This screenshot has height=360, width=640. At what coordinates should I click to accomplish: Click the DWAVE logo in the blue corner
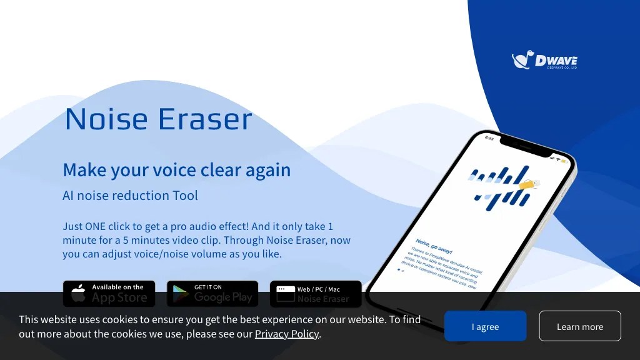point(544,60)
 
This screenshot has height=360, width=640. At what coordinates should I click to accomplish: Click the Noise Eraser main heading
point(158,119)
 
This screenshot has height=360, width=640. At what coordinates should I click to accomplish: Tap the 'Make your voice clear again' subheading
point(176,170)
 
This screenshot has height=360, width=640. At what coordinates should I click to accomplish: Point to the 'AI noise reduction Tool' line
point(130,196)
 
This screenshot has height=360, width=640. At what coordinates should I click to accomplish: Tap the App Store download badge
point(109,293)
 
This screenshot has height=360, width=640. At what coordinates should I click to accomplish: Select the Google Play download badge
point(212,293)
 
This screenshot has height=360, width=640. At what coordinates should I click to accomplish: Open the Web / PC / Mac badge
point(316,293)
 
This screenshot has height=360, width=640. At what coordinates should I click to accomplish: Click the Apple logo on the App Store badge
point(79,294)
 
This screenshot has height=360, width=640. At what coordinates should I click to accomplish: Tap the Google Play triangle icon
point(181,294)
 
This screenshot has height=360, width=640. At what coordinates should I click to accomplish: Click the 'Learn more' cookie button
point(579,326)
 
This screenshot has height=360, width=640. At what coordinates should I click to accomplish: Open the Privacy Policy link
point(287,334)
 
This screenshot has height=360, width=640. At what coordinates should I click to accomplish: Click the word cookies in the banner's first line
point(124,319)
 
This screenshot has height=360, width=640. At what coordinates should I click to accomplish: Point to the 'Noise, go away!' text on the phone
point(433,246)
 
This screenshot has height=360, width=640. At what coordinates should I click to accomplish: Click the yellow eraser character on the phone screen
point(529,184)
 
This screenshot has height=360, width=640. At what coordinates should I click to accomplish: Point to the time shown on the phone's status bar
point(489,138)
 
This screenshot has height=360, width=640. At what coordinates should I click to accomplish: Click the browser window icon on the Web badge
point(286,294)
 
